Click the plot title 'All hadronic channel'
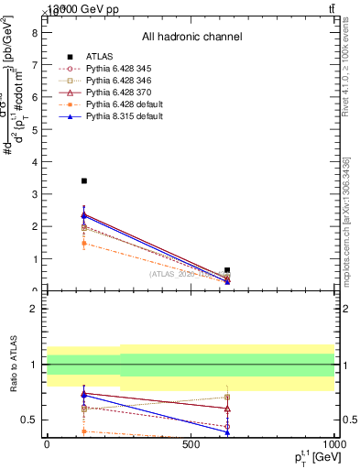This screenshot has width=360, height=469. pyautogui.click(x=191, y=37)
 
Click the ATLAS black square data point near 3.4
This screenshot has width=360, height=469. pyautogui.click(x=84, y=181)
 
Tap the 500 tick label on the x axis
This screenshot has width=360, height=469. pyautogui.click(x=191, y=444)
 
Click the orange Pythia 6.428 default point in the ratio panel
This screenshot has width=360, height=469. pyautogui.click(x=84, y=431)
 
